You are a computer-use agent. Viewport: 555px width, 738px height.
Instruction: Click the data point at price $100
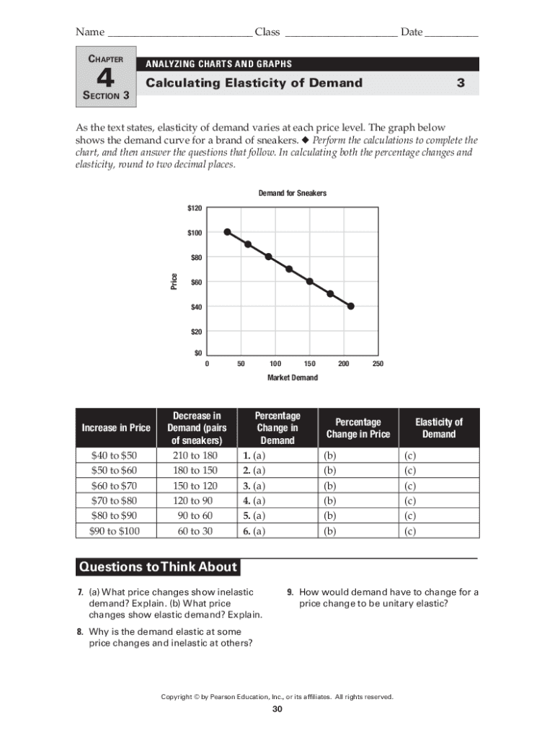(227, 232)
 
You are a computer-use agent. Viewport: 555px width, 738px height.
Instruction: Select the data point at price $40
(351, 306)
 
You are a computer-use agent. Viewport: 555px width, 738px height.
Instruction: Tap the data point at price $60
(310, 281)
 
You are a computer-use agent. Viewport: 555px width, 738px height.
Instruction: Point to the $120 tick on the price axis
(195, 208)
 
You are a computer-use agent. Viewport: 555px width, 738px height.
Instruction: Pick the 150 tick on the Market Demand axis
(310, 364)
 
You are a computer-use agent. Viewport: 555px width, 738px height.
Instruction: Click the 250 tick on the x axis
(378, 364)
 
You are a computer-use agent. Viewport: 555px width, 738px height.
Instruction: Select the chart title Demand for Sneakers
(292, 193)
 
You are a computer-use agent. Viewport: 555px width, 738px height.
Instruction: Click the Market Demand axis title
(292, 378)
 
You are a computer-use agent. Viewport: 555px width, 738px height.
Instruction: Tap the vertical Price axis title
(174, 282)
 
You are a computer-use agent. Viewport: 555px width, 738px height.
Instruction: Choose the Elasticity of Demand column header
(439, 428)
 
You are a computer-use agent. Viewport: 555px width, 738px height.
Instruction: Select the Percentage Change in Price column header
(358, 428)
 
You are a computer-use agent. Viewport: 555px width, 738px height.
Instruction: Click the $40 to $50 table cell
(114, 455)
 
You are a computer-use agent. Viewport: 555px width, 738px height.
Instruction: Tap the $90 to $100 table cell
(114, 531)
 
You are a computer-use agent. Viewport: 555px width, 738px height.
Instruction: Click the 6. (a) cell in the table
(254, 531)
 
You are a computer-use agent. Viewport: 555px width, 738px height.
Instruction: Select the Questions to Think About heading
(157, 567)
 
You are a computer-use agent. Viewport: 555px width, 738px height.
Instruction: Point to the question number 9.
(289, 592)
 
